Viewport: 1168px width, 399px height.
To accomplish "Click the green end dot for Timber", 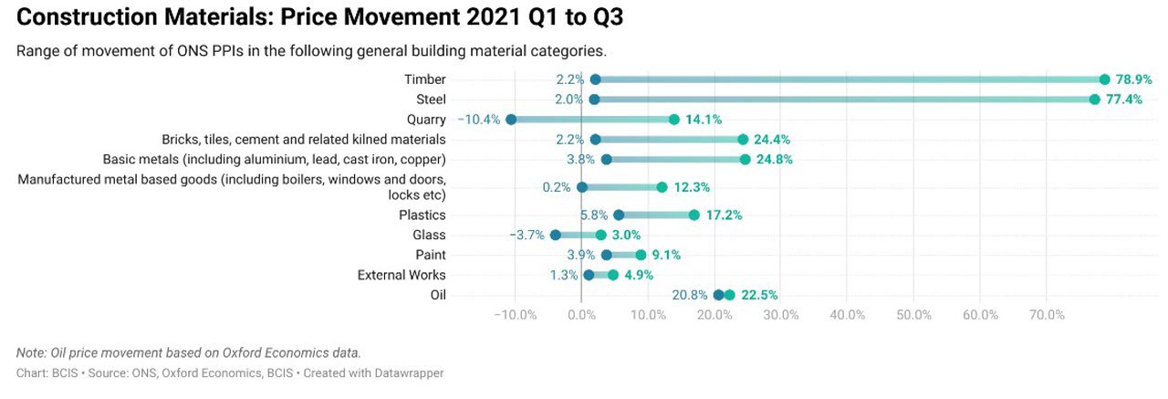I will tap(1104, 79).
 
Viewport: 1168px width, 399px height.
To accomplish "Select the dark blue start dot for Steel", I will tap(594, 100).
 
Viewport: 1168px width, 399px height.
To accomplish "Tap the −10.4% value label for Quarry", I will tap(478, 120).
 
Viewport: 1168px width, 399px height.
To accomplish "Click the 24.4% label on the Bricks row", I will tap(772, 140).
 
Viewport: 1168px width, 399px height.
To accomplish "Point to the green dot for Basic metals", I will tap(745, 160).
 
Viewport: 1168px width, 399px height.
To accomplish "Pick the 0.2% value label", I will tap(556, 187).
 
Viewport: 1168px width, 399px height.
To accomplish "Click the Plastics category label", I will tap(422, 215).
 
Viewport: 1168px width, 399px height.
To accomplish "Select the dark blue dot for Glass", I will tap(555, 235).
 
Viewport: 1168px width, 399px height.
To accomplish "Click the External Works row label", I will tap(401, 275).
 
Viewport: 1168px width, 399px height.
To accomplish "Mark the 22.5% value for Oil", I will tap(758, 295).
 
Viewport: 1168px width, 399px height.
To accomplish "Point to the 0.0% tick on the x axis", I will tap(581, 315).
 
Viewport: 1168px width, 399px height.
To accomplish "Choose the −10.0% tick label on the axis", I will tap(515, 315).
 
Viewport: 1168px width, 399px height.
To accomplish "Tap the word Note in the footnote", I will tap(30, 352).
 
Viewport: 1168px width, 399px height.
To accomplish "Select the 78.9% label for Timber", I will tap(1134, 79).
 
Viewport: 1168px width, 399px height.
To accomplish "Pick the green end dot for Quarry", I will tap(673, 120).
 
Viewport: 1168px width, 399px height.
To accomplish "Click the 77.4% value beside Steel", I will tap(1124, 100).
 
